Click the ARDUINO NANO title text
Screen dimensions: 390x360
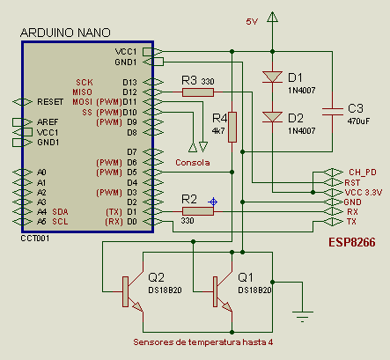(65, 33)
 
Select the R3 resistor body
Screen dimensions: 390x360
(198, 92)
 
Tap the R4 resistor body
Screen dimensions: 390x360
(232, 127)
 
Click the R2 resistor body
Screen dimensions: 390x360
(198, 211)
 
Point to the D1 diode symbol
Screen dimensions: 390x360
(272, 77)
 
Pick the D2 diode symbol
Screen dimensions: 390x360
(272, 117)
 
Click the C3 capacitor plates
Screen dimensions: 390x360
(332, 112)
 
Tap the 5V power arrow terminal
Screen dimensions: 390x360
(272, 17)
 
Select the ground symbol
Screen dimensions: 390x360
(303, 316)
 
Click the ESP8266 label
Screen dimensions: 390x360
(352, 242)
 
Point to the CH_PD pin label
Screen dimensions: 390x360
(363, 173)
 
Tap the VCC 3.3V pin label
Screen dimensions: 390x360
(364, 193)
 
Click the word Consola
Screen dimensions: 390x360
(193, 163)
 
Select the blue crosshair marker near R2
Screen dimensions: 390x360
(213, 202)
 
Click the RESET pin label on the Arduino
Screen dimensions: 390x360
(50, 102)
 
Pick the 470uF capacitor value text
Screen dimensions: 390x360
(358, 121)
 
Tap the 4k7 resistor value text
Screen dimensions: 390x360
(218, 131)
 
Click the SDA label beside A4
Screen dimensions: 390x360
(60, 212)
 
